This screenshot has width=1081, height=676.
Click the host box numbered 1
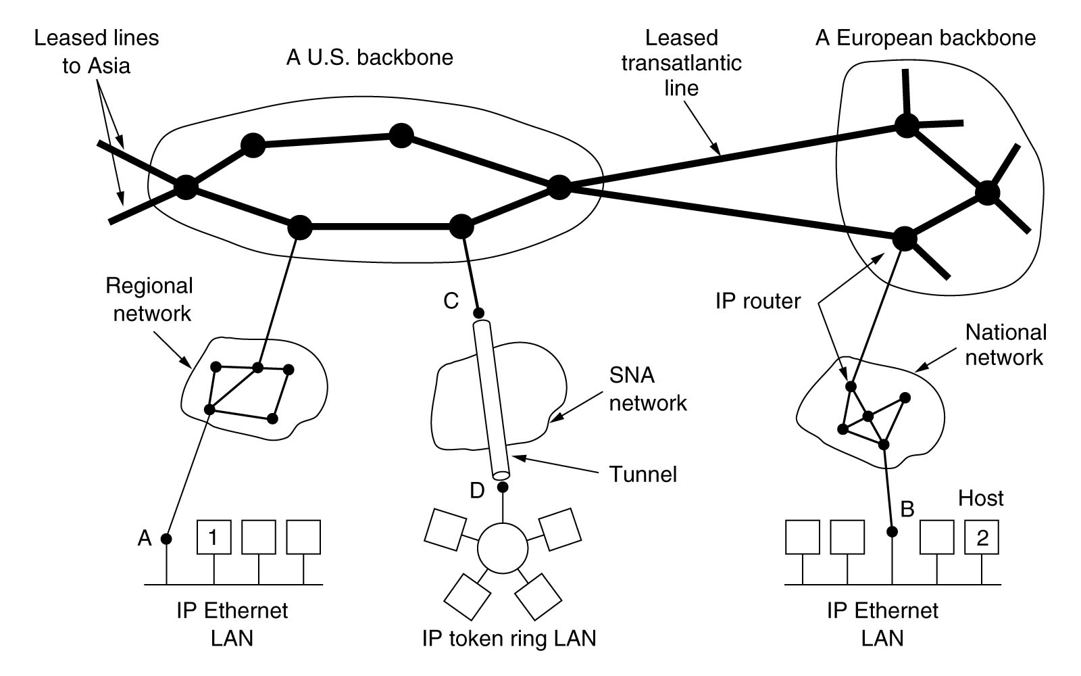coord(213,537)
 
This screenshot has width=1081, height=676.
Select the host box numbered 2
coord(982,537)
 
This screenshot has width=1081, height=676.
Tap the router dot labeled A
coord(166,539)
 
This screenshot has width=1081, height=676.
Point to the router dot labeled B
coord(892,532)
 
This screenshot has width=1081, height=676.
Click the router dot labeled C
coord(478,313)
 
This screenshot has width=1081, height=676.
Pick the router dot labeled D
coord(502,487)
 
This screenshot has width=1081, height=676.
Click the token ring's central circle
coord(502,548)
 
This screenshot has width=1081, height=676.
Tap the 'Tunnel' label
coord(643,474)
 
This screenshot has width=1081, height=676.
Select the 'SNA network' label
coord(647,389)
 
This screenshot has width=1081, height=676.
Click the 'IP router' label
coord(757,301)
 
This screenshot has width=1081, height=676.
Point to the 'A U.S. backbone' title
coord(370,57)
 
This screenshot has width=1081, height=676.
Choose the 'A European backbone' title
coord(925,38)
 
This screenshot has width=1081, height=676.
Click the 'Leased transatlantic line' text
coord(681,63)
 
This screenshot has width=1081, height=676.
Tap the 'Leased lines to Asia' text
coord(97,51)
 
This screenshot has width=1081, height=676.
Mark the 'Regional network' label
coord(150,299)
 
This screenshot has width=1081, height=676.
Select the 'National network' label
coord(1005,344)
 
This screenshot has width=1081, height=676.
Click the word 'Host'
coord(980,498)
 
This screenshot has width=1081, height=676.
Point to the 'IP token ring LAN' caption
coord(509,638)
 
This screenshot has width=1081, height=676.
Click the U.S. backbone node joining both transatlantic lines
coord(559,187)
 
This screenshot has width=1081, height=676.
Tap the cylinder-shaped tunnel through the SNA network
coord(491,399)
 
